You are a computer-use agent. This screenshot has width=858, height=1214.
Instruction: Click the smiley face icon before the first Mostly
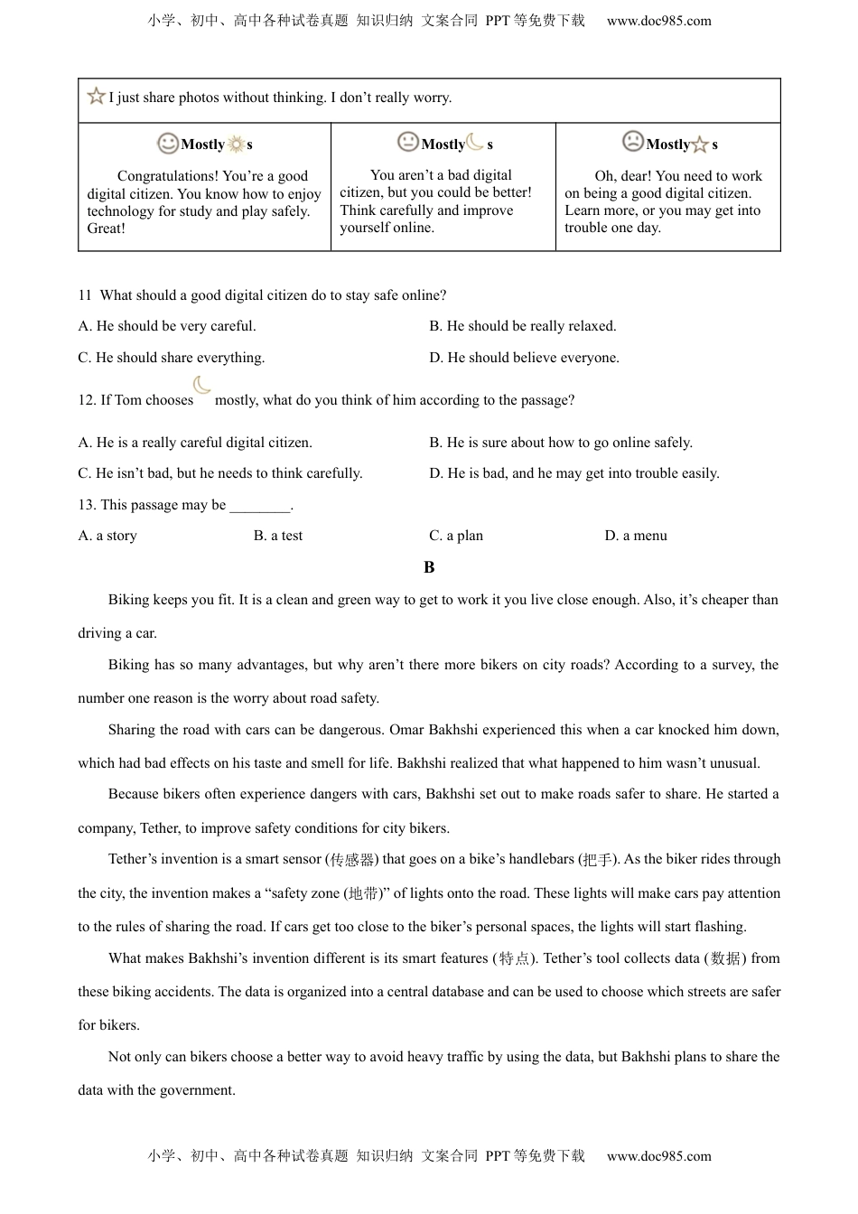[x=168, y=143]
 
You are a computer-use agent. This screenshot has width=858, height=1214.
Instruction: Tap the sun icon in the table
[x=236, y=145]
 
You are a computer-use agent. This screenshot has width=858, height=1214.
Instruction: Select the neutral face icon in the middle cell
[x=408, y=142]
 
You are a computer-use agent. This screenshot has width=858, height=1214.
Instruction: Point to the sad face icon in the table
[x=633, y=142]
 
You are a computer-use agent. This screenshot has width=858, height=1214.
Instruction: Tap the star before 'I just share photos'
[x=96, y=96]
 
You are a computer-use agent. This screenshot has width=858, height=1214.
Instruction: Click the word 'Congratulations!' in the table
[x=167, y=176]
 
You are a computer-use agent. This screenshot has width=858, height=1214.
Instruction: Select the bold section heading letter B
[x=429, y=567]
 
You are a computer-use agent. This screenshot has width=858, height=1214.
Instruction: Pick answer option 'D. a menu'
[x=636, y=536]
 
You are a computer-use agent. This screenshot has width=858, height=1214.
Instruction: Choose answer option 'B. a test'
[x=278, y=536]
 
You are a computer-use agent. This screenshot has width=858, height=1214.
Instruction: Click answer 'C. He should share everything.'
[x=172, y=358]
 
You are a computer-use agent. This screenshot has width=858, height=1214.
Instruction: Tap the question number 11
[x=85, y=295]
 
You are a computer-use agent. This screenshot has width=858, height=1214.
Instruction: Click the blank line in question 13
[x=260, y=506]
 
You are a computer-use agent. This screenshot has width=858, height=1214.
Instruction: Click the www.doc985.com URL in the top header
[x=658, y=21]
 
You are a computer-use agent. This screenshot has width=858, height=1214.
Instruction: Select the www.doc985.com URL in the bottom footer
[x=658, y=1156]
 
